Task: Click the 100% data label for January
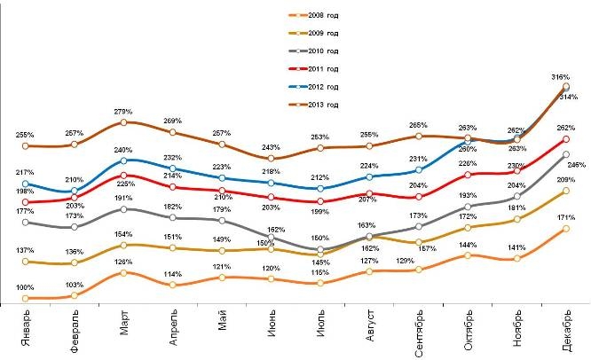pos(25,287)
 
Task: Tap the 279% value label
pos(123,112)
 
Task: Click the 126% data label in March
pos(123,262)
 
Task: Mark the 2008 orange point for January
pos(26,298)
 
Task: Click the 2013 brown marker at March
pos(123,122)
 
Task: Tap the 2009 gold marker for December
pos(565,191)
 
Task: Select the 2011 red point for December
pos(565,139)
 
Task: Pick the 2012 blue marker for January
pos(26,183)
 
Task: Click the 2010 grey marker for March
pos(123,209)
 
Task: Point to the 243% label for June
pos(271,147)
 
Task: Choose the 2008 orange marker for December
pos(565,229)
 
